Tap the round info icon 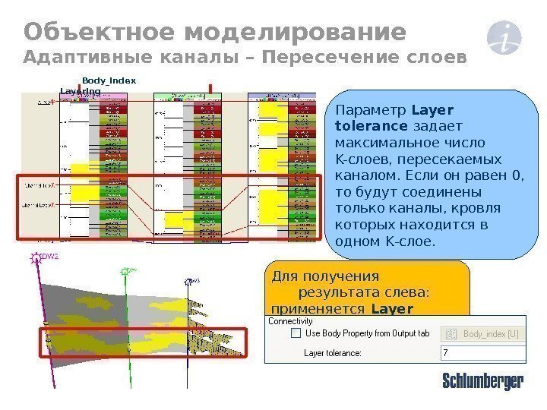point(502,38)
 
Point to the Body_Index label point(109,80)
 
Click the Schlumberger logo point(482,381)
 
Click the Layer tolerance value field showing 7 point(483,353)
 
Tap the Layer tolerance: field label point(333,353)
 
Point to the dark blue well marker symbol point(188,281)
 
